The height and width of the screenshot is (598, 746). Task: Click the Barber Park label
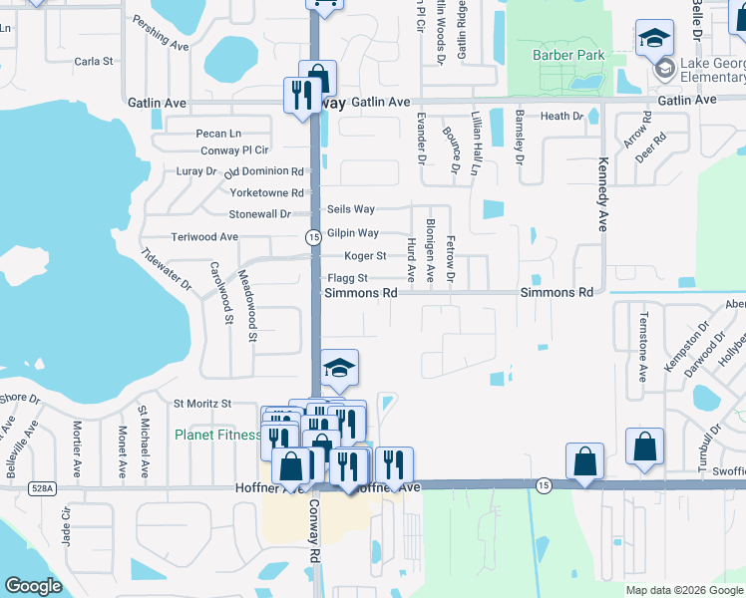569,55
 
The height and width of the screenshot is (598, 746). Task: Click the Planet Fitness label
217,435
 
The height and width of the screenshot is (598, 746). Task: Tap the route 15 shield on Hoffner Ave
543,484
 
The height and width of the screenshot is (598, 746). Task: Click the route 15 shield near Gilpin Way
313,237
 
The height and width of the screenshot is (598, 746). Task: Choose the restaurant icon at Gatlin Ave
298,96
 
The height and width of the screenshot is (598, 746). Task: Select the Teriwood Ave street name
204,237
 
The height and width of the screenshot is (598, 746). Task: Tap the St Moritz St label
202,404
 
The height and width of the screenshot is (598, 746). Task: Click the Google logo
33,585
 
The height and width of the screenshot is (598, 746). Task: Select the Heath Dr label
561,117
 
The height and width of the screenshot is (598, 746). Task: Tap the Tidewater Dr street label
166,270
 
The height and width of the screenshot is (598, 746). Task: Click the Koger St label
365,256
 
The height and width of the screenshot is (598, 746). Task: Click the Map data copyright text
683,590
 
